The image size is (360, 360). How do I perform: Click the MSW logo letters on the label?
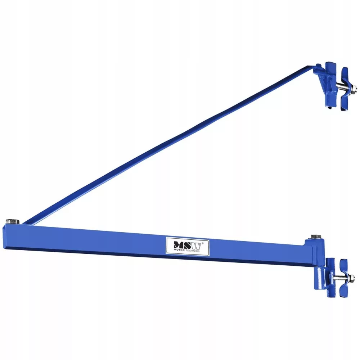tap(187, 246)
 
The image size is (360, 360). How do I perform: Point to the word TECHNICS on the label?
tap(193, 251)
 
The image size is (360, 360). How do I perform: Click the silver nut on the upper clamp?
tap(354, 88)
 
